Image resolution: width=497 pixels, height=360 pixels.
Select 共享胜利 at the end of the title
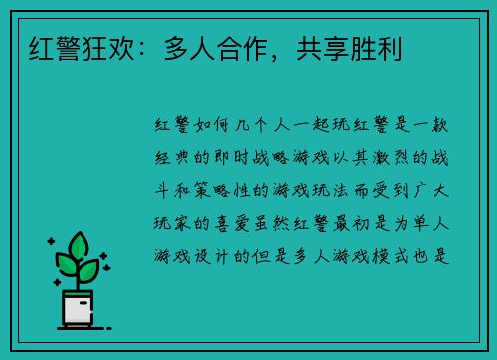(340, 45)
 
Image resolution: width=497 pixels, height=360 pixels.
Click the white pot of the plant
(78, 308)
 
